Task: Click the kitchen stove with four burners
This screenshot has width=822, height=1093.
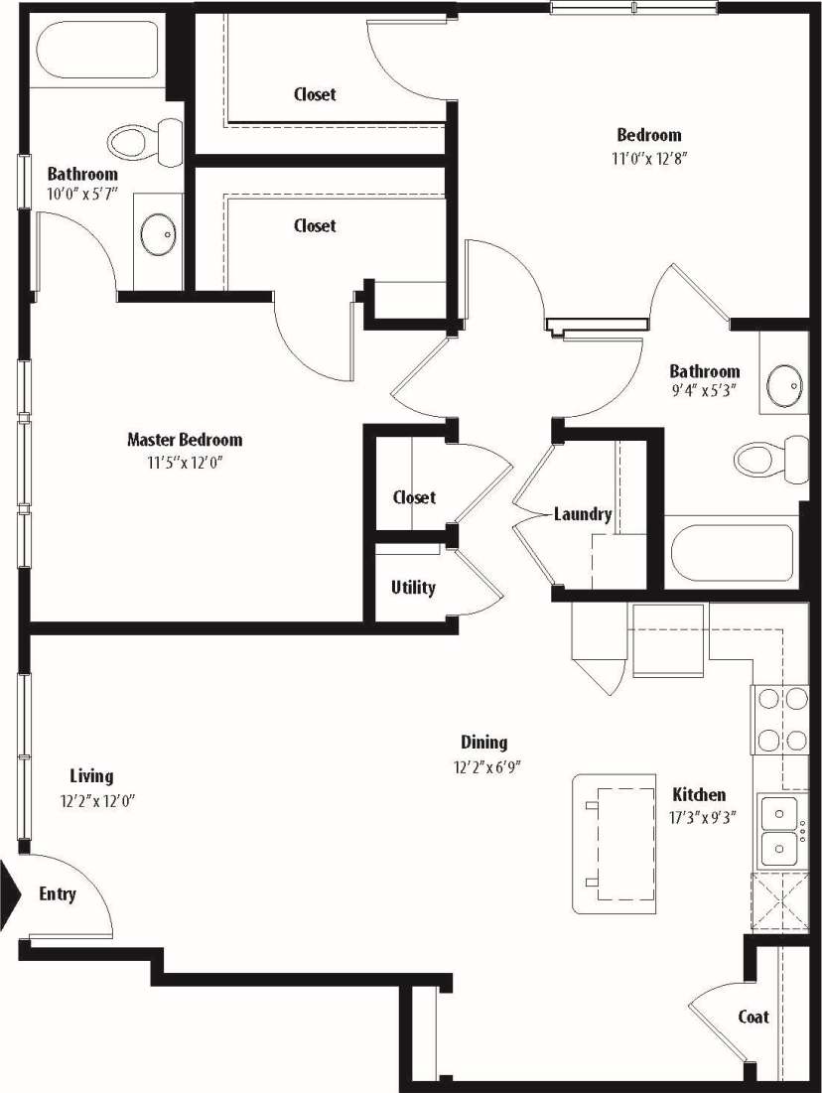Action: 781,720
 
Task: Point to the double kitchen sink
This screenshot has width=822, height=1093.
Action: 781,832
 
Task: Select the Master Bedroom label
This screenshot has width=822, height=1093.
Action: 185,440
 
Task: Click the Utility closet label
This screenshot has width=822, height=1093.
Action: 413,588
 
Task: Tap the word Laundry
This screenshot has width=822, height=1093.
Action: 583,514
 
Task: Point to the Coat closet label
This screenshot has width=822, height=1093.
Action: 753,1017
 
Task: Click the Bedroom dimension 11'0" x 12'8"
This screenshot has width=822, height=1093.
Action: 650,158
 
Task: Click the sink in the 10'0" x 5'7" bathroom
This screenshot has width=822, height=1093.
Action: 158,236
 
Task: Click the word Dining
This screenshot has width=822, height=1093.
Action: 484,743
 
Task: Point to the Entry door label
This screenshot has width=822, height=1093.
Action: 58,894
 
